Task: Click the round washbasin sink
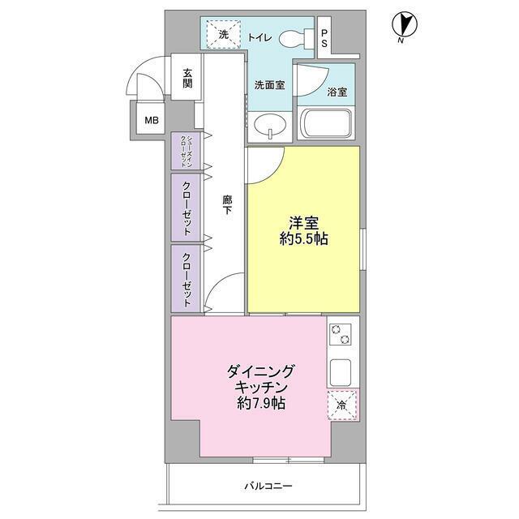(x=268, y=125)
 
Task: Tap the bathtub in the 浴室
(x=328, y=124)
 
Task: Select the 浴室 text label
(x=338, y=91)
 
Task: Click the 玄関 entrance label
(x=187, y=78)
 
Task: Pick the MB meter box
(x=152, y=122)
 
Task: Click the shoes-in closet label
(x=187, y=151)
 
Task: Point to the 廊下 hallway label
(x=228, y=204)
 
